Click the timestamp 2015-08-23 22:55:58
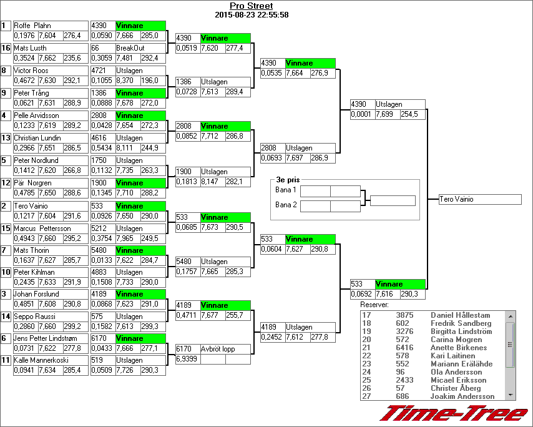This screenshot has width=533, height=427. (x=251, y=14)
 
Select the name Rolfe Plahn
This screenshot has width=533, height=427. (x=32, y=26)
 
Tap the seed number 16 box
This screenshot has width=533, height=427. (x=6, y=48)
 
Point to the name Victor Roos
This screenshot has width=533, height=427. (x=31, y=71)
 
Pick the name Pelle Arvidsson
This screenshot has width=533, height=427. (x=36, y=115)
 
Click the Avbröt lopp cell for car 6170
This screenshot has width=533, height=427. (x=218, y=349)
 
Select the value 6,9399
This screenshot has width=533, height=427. (x=187, y=360)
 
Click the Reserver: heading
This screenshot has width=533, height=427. (x=374, y=305)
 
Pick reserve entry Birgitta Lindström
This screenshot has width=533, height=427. (x=461, y=331)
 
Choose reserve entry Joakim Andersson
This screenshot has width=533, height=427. (x=462, y=396)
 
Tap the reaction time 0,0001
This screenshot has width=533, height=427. (x=361, y=115)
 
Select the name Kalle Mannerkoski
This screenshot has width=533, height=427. (x=41, y=360)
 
